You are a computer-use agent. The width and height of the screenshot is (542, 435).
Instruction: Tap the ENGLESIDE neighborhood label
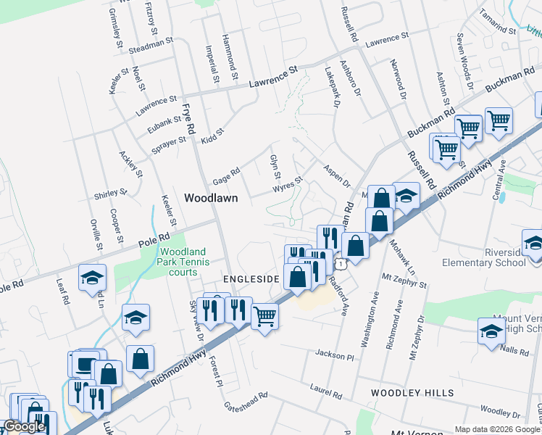[251, 278]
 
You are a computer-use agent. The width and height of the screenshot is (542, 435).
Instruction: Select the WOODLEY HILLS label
[412, 393]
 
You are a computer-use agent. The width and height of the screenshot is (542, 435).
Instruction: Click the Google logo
[24, 426]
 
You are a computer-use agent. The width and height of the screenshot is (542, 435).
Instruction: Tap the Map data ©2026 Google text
[497, 429]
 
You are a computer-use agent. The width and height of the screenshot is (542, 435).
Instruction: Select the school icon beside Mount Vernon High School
[491, 332]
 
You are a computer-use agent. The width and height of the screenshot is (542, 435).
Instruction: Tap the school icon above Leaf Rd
[93, 278]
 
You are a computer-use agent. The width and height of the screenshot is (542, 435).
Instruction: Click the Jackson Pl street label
[334, 355]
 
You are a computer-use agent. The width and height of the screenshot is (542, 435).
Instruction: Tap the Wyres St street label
[287, 185]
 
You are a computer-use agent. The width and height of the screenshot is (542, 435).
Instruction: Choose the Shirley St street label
[110, 194]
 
